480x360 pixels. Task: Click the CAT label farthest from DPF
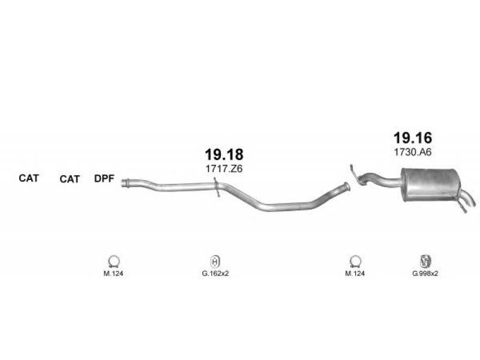(x=29, y=178)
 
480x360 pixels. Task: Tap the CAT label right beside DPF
(x=70, y=179)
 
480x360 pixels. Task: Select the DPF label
(x=104, y=178)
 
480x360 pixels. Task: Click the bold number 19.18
(x=224, y=154)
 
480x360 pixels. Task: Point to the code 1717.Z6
(x=224, y=169)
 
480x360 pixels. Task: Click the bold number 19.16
(x=413, y=138)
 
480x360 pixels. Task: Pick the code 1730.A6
(x=413, y=152)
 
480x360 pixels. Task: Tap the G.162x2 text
(x=215, y=274)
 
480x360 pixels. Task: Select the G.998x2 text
(x=425, y=274)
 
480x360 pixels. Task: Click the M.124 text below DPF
(x=113, y=274)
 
